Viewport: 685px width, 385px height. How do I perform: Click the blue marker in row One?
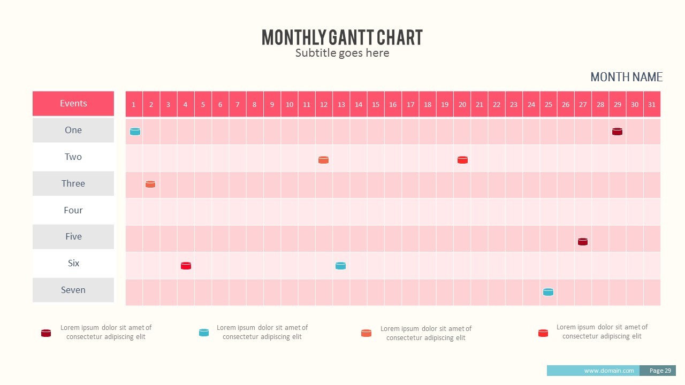click(135, 132)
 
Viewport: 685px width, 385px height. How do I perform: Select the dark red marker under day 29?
click(617, 132)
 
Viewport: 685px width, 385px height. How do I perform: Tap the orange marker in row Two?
click(323, 160)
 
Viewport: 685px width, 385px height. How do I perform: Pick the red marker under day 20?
click(462, 160)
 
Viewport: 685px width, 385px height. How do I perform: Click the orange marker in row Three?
click(150, 184)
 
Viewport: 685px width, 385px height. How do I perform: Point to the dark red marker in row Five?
click(583, 242)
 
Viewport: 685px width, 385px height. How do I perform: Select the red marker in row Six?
click(186, 266)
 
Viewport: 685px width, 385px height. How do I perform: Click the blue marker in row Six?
click(340, 266)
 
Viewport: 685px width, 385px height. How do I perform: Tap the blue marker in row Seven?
click(548, 292)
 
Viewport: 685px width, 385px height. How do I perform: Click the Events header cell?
click(73, 104)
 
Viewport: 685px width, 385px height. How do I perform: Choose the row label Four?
click(73, 210)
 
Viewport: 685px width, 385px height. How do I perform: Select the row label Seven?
click(73, 290)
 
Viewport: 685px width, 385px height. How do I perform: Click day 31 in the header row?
click(652, 104)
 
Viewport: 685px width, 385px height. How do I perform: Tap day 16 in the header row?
click(393, 104)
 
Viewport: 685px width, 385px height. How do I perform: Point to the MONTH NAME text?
click(626, 78)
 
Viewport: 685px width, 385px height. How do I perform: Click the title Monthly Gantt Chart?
click(342, 37)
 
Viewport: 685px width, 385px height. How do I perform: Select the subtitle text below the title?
click(342, 53)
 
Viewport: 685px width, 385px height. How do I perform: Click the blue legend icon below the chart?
click(204, 333)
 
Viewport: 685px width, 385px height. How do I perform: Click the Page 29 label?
click(660, 371)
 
